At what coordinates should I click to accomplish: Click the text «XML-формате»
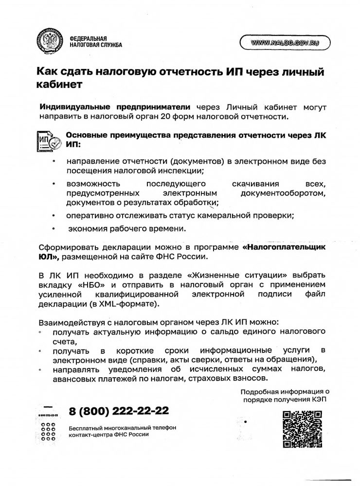134,304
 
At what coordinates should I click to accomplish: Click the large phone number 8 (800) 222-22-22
119,411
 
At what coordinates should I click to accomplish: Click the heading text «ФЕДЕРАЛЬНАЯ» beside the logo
89,38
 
